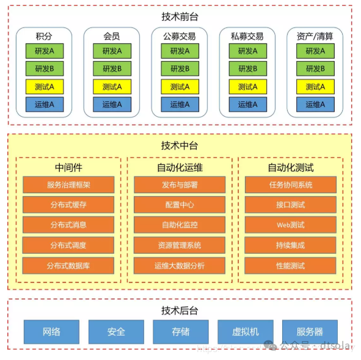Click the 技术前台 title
(180, 17)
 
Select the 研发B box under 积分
(44, 68)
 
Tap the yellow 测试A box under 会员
(112, 87)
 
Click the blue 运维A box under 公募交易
(180, 105)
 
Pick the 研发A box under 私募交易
(247, 51)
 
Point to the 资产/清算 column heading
(315, 36)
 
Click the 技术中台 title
(180, 145)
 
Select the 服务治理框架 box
(68, 185)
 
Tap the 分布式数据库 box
(68, 266)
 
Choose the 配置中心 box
(180, 205)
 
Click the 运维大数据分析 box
(180, 266)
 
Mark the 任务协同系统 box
(290, 185)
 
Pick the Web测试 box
(290, 225)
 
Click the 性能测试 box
(290, 266)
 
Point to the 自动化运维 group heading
(180, 167)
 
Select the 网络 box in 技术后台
(52, 332)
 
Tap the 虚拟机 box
(246, 332)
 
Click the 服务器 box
(310, 332)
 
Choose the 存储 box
(180, 332)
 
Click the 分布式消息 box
(68, 225)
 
